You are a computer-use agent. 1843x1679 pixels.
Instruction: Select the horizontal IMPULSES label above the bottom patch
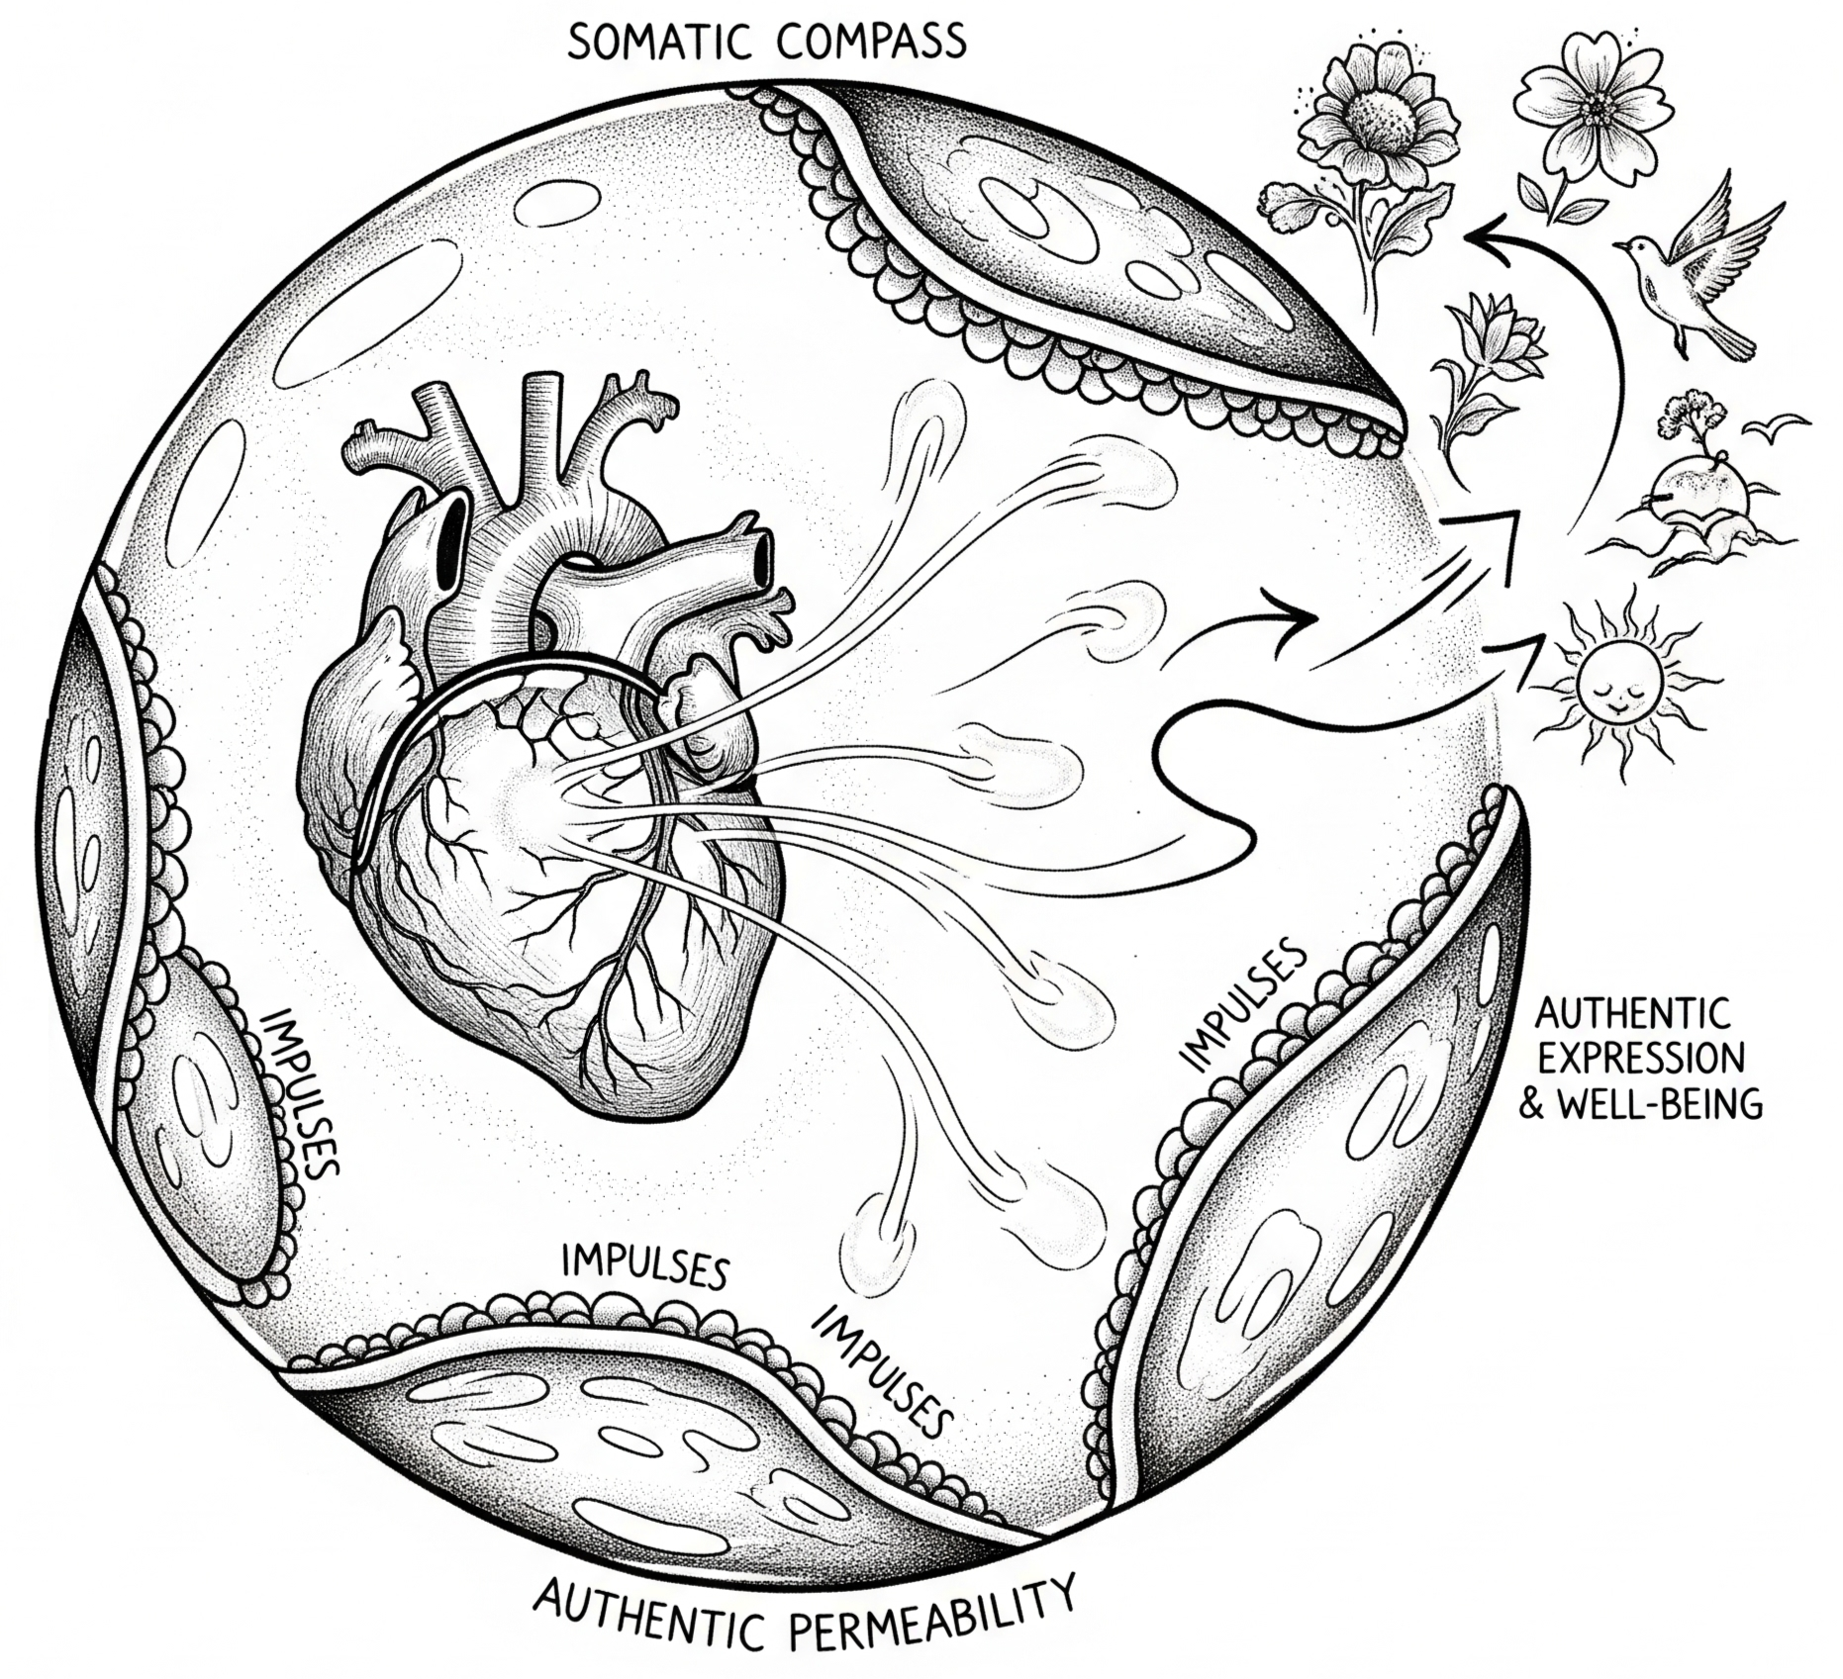point(644,1267)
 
